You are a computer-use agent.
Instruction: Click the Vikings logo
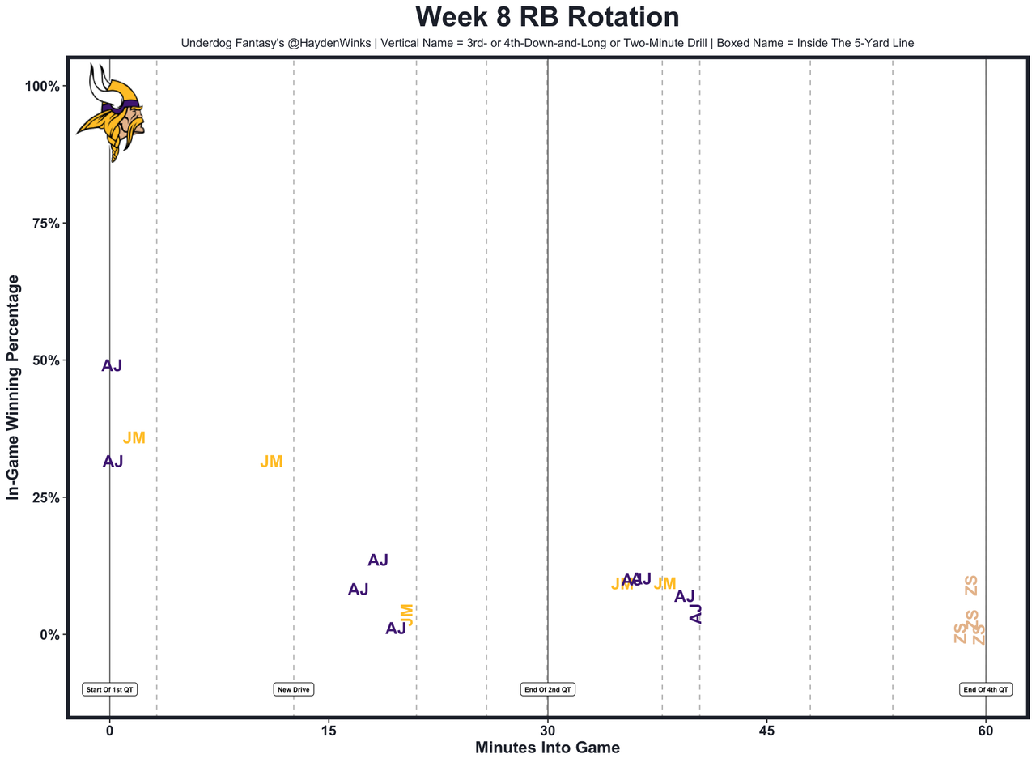pyautogui.click(x=111, y=112)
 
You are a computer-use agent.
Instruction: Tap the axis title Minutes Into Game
pyautogui.click(x=547, y=748)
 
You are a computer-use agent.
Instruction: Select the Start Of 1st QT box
pyautogui.click(x=109, y=689)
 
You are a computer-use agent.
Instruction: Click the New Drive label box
pyautogui.click(x=294, y=689)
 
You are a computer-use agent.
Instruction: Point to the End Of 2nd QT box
pyautogui.click(x=548, y=689)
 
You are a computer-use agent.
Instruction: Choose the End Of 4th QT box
pyautogui.click(x=986, y=689)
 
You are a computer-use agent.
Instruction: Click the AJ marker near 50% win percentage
pyautogui.click(x=112, y=366)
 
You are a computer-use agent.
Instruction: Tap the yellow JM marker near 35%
pyautogui.click(x=134, y=438)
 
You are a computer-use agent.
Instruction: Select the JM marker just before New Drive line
pyautogui.click(x=271, y=462)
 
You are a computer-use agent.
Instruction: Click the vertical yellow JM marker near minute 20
pyautogui.click(x=407, y=615)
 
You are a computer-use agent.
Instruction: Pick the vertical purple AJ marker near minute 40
pyautogui.click(x=695, y=614)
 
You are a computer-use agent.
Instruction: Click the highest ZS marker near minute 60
pyautogui.click(x=971, y=585)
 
